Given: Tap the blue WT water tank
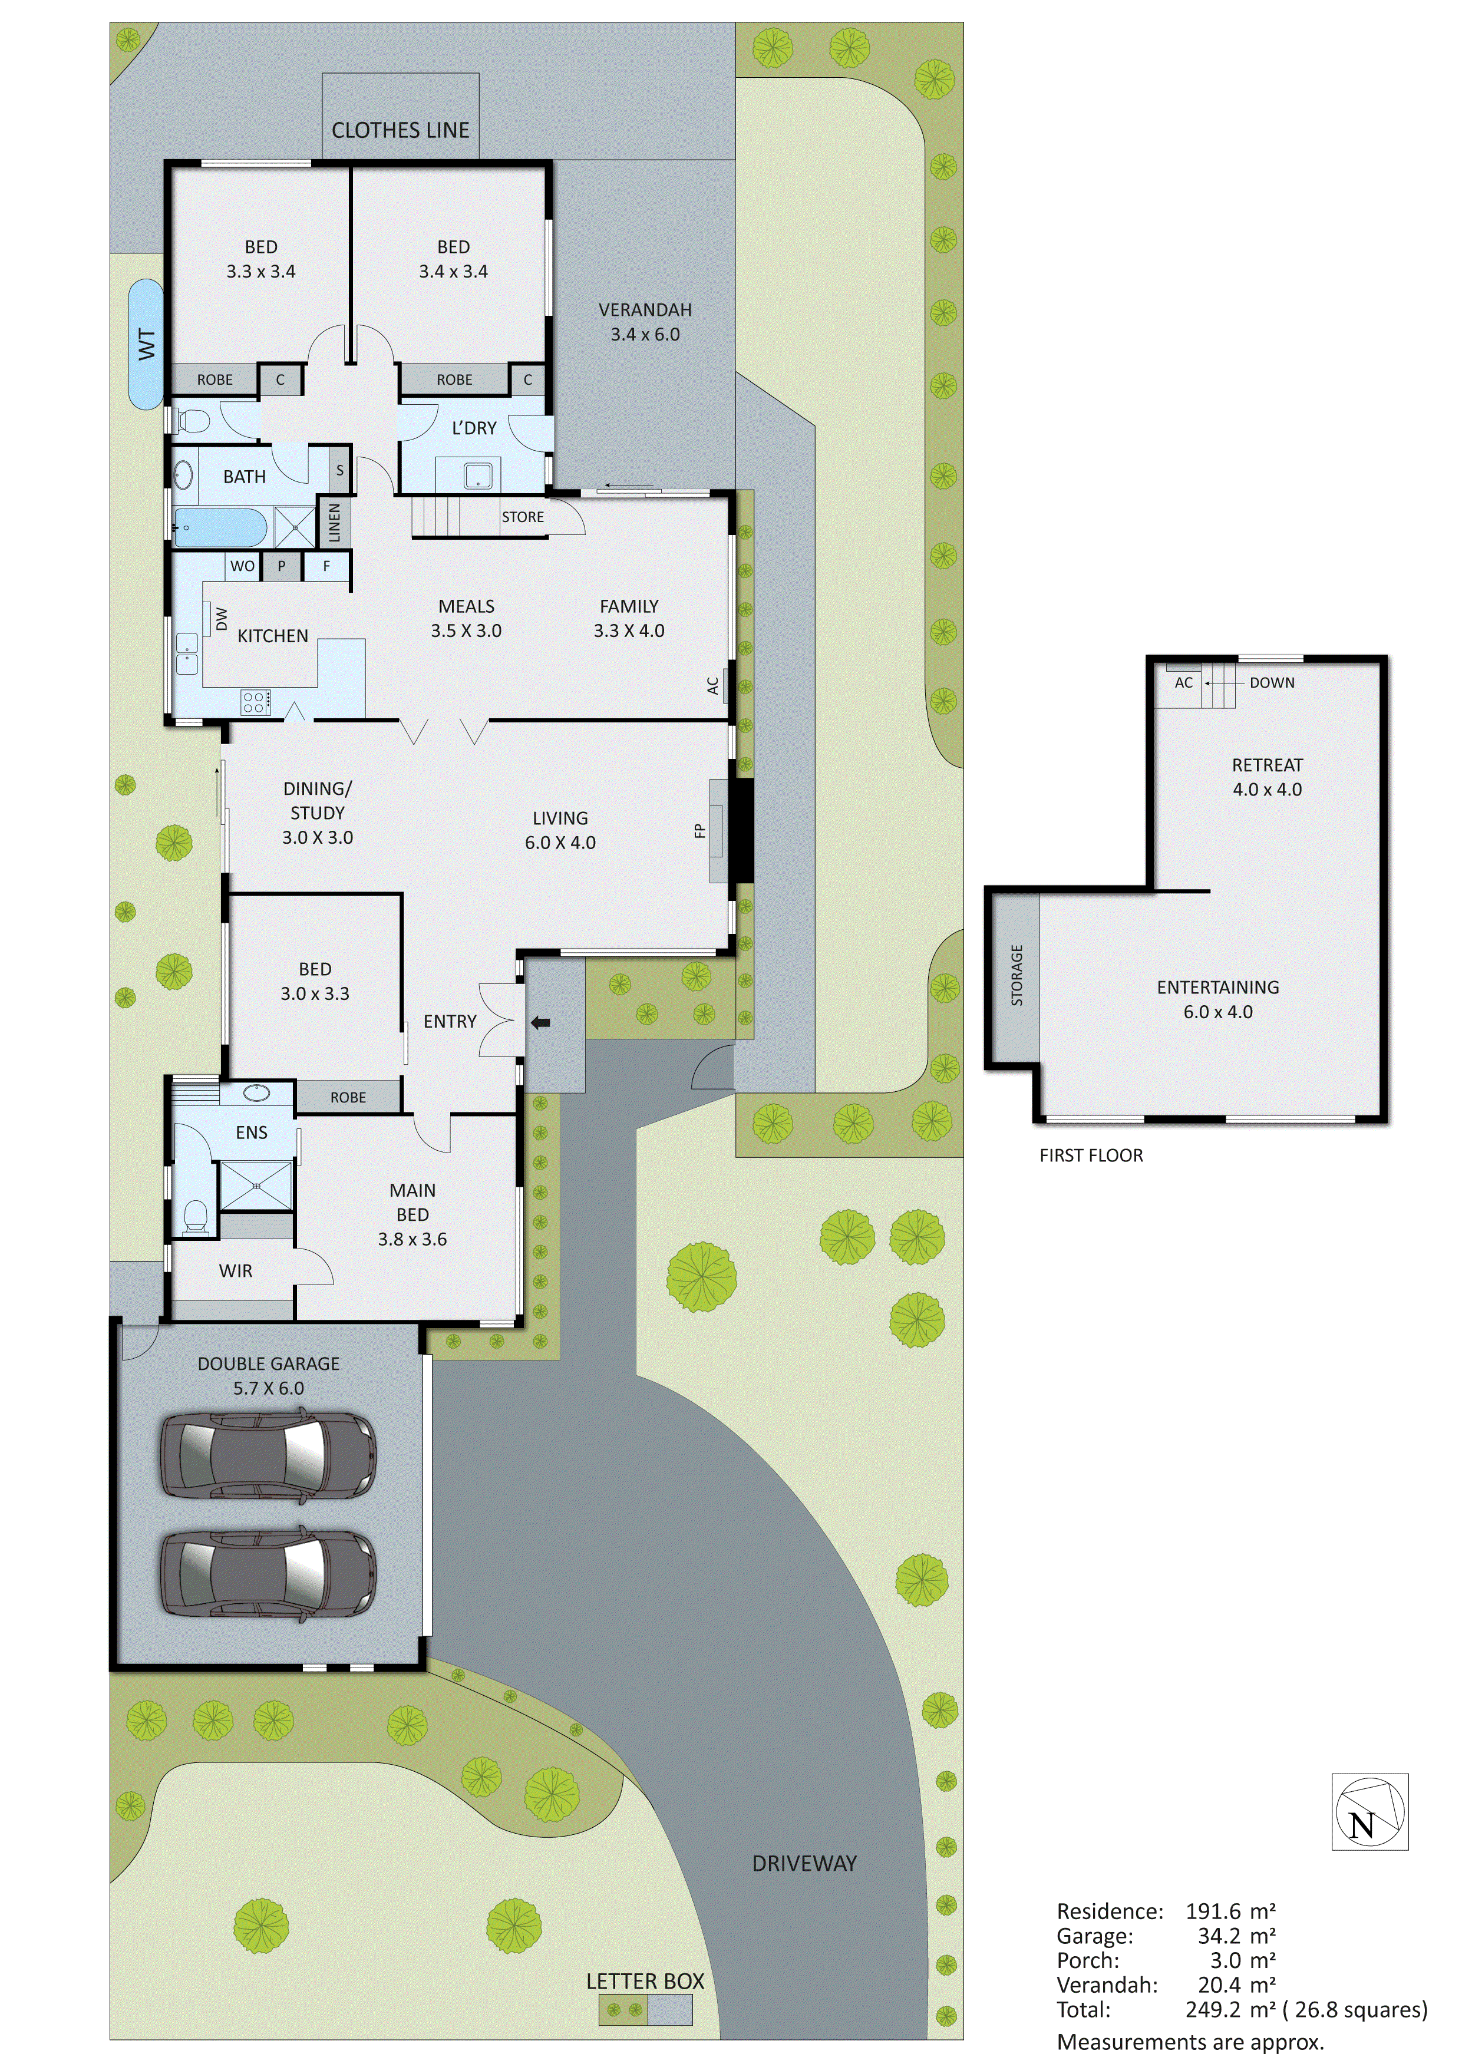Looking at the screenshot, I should tap(146, 344).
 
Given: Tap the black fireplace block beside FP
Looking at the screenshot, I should tap(740, 830).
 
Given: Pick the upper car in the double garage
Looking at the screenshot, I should tap(268, 1456).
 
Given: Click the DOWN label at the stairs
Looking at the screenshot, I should tap(1271, 682).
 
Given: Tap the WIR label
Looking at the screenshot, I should tap(235, 1270).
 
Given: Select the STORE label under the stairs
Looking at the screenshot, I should tap(522, 517).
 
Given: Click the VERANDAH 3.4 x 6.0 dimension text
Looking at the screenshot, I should tap(645, 334).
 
